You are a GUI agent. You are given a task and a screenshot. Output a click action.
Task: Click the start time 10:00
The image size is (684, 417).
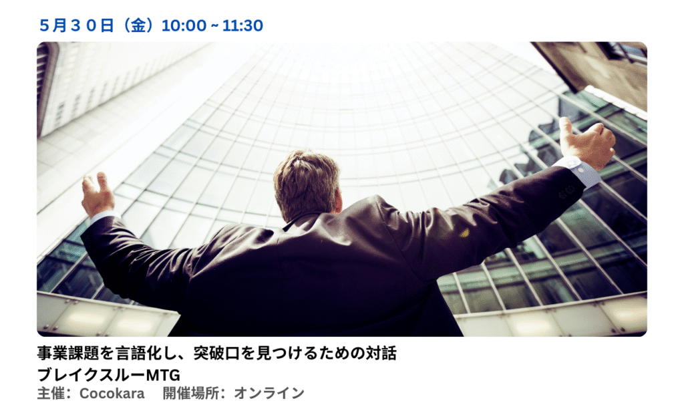[184, 26]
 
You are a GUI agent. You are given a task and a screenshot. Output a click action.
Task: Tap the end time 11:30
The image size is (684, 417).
[242, 26]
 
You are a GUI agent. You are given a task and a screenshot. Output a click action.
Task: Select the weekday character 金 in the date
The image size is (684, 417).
[138, 26]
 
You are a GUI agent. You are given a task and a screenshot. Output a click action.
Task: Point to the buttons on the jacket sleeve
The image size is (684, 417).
[566, 191]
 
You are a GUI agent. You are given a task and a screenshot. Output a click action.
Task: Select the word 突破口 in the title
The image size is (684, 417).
[217, 353]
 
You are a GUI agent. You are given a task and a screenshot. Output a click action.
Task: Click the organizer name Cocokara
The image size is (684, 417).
[112, 394]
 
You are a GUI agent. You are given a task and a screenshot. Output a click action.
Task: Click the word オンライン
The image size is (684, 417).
[269, 394]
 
